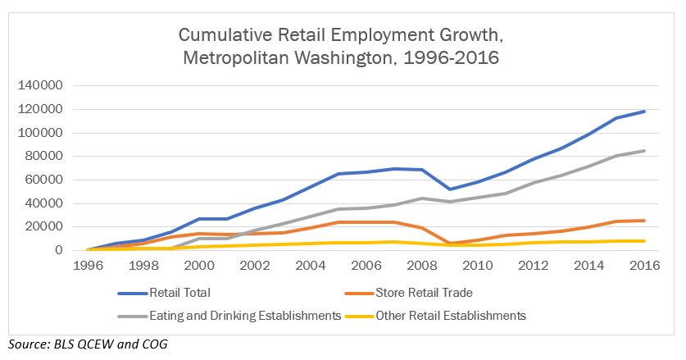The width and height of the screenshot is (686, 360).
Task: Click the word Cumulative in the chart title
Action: click(220, 36)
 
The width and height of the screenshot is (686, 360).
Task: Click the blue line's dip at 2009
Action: click(448, 189)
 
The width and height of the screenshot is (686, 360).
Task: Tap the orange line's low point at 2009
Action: click(448, 243)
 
